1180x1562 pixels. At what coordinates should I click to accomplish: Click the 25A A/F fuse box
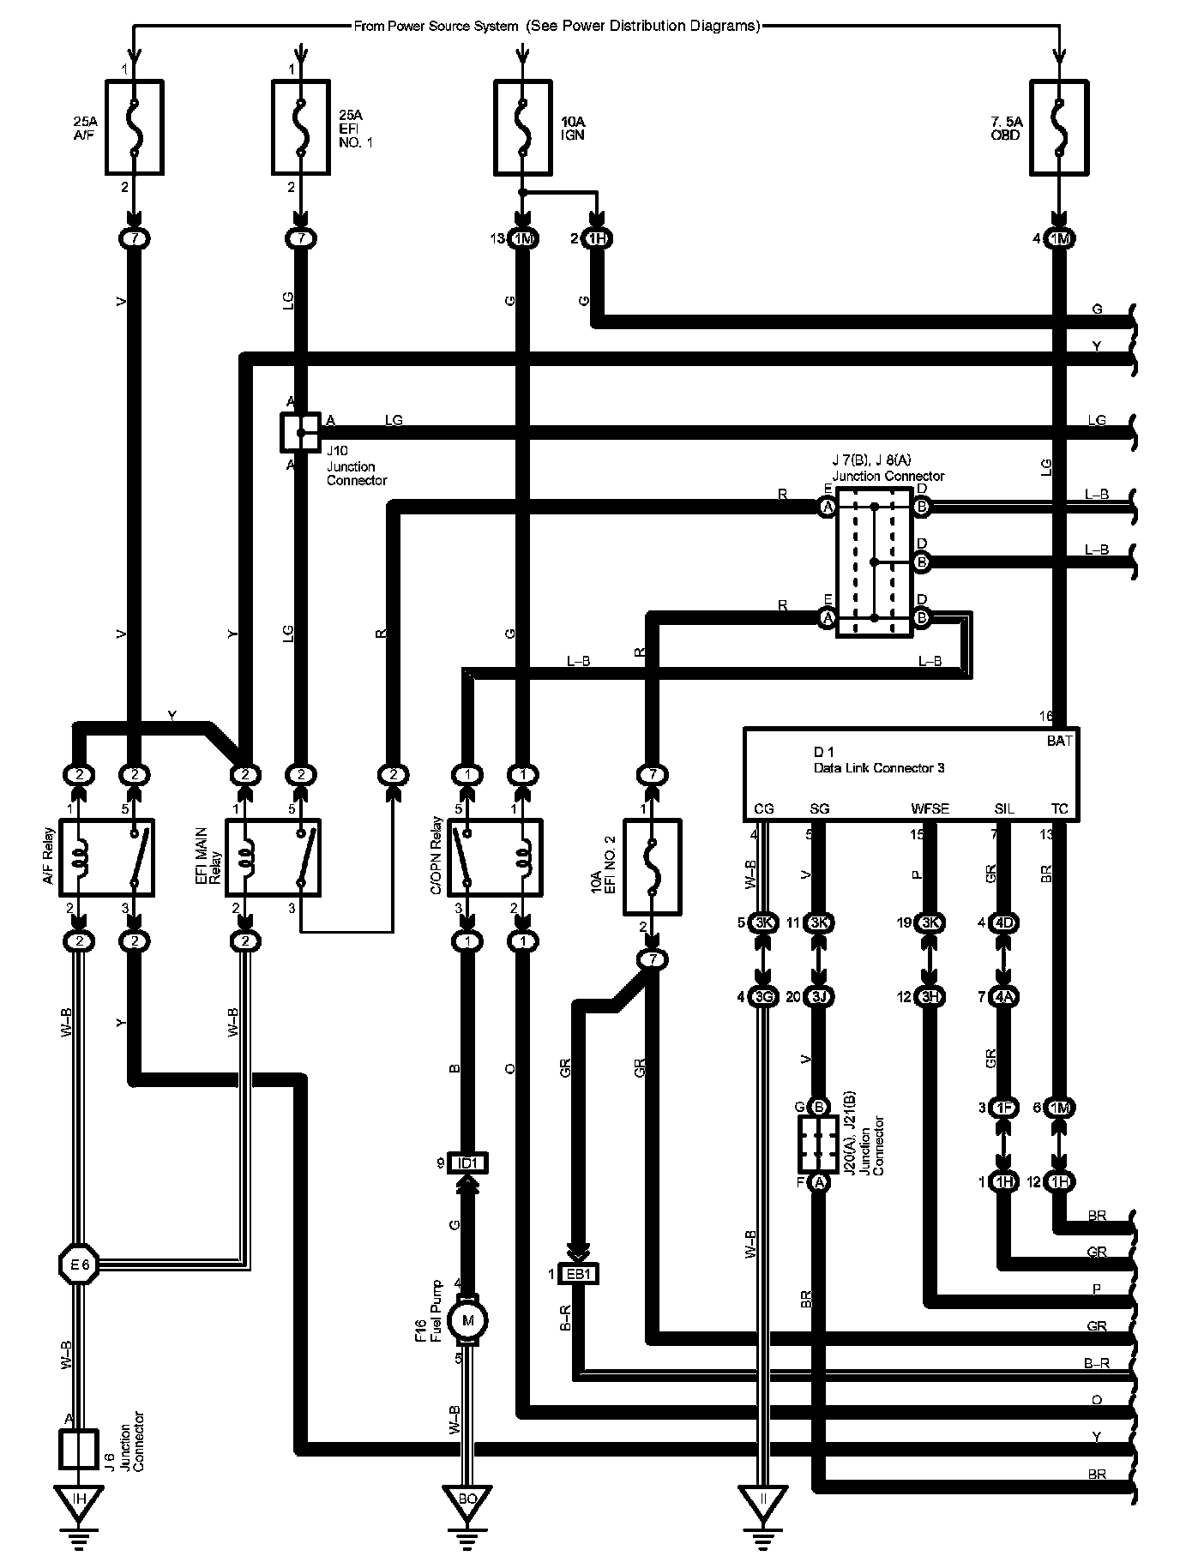point(134,127)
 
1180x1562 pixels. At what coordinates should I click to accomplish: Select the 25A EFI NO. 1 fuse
point(300,127)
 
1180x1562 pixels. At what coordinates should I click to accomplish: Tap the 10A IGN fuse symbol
point(523,127)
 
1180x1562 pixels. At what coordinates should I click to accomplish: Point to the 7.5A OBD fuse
point(1058,127)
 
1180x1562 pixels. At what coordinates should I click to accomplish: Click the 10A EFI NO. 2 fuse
point(652,868)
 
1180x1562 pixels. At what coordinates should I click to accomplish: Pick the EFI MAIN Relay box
point(273,857)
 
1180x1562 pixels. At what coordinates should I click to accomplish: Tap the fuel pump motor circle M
point(468,1320)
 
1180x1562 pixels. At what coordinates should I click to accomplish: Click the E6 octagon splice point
point(78,1263)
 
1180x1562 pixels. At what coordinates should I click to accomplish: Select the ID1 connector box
point(468,1163)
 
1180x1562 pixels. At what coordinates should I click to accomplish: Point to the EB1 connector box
point(579,1275)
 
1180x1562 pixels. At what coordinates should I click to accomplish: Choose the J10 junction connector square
point(299,432)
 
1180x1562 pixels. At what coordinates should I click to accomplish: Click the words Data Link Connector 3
point(879,768)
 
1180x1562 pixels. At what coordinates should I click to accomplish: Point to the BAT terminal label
point(1060,741)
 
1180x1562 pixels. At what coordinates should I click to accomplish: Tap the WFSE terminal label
point(930,808)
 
